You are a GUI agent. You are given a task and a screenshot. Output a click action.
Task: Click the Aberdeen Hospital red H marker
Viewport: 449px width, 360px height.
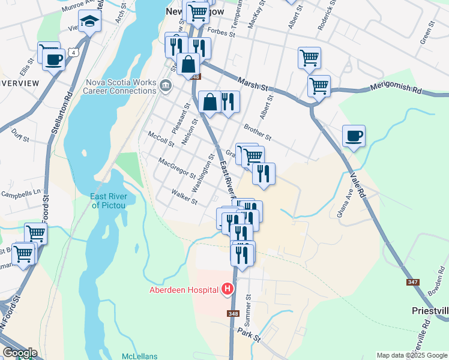click(228, 289)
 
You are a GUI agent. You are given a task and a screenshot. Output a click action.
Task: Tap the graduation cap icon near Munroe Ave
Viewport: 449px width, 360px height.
click(90, 22)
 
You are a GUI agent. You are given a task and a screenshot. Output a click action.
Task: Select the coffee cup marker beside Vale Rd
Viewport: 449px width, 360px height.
click(354, 136)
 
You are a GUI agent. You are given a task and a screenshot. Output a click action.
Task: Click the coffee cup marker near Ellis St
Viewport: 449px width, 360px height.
click(54, 59)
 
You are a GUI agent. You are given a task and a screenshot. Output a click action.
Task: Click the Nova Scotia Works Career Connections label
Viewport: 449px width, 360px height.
click(119, 87)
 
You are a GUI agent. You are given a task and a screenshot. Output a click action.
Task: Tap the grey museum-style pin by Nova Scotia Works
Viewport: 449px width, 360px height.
click(166, 88)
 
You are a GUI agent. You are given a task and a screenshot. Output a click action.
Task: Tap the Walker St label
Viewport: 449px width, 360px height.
click(184, 197)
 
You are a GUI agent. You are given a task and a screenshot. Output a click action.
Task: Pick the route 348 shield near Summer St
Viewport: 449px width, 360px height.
click(234, 314)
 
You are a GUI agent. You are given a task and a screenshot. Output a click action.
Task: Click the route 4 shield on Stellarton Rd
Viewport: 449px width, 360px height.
click(74, 52)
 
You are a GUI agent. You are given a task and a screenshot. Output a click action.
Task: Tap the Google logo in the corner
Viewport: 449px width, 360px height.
click(19, 353)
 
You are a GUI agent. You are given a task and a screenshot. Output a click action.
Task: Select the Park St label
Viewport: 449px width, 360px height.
click(249, 334)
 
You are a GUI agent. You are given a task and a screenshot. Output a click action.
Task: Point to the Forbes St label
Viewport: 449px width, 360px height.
click(220, 31)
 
